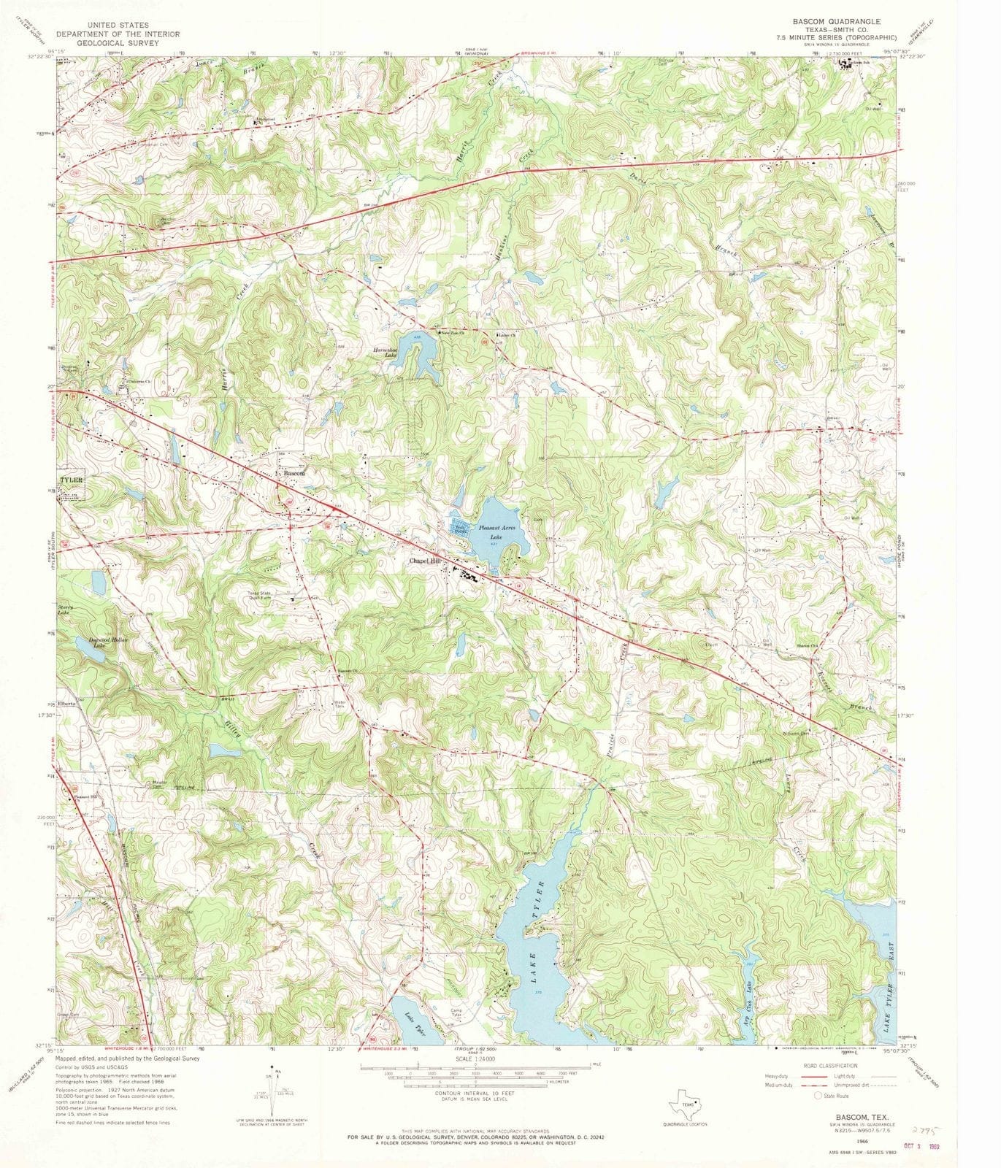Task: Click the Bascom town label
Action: [294, 473]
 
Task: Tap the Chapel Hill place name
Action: [426, 561]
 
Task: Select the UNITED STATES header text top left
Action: [118, 24]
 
